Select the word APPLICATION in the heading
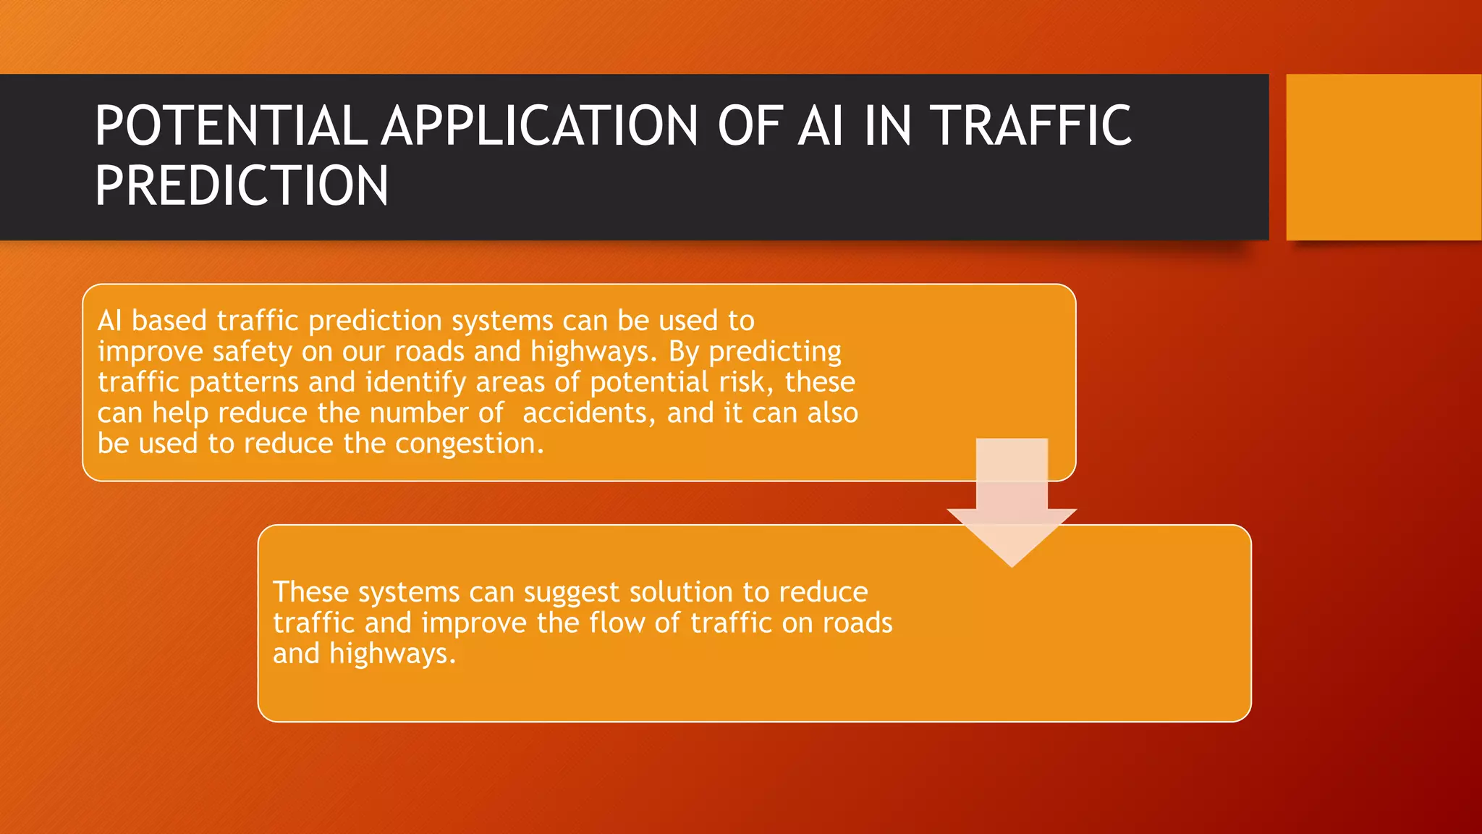[540, 126]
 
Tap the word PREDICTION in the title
[242, 186]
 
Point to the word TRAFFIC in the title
[1030, 126]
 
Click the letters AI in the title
[820, 126]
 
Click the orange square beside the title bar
[1383, 157]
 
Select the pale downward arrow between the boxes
[1012, 507]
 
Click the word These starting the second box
[310, 592]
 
